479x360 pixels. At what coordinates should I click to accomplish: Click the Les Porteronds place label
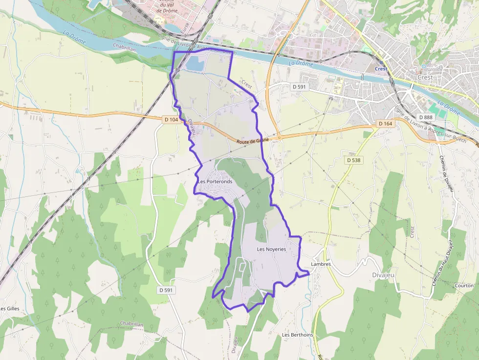point(215,182)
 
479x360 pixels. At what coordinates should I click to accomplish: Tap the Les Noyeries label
point(271,249)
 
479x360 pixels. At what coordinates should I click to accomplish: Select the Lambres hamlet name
point(321,264)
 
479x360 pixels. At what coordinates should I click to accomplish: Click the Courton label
point(463,285)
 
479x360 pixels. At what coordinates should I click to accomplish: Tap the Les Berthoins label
point(297,335)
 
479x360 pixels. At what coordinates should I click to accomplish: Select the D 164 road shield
point(385,124)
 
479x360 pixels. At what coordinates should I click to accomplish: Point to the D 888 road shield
point(426,117)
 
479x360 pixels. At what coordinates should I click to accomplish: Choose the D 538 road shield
point(353,160)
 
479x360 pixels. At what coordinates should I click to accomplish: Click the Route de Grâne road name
point(253,141)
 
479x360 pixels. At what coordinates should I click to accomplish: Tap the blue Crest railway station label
point(381,69)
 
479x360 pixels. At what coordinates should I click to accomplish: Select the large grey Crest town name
point(425,78)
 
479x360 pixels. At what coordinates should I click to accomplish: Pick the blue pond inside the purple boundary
point(195,63)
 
